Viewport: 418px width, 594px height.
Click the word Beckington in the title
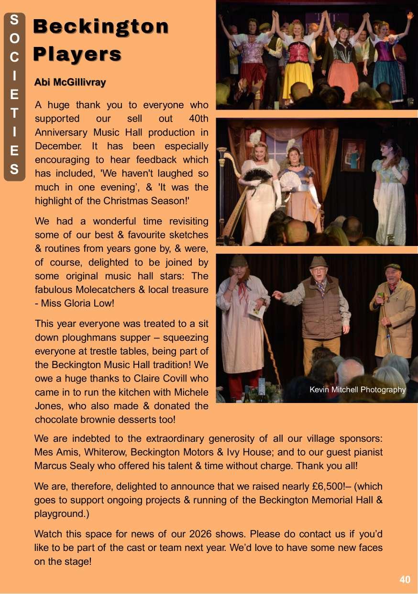(101, 27)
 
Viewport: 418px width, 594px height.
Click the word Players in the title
(77, 54)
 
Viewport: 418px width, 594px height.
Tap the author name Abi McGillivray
(70, 82)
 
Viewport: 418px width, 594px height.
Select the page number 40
(405, 580)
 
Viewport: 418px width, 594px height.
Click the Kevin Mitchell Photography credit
(357, 390)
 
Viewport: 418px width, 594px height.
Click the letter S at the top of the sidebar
(14, 20)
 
